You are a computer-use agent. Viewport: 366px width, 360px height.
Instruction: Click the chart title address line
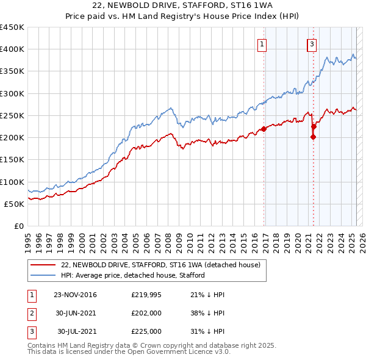pos(182,5)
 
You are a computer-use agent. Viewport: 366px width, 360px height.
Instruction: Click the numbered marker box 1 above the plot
pos(262,44)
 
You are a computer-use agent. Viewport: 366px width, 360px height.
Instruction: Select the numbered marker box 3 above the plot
pos(312,44)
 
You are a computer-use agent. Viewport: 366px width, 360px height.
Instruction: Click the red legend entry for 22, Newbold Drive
pos(160,265)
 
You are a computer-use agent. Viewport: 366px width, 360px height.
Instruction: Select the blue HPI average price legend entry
pos(132,275)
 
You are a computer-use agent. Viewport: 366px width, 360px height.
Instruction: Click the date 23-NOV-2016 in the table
pos(75,295)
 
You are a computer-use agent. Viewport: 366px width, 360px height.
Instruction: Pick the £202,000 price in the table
pos(146,313)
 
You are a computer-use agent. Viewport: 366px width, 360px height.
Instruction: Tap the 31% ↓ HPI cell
pos(207,331)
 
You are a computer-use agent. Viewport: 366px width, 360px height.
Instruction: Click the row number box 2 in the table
pos(31,313)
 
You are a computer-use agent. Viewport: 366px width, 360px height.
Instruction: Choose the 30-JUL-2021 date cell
pos(77,331)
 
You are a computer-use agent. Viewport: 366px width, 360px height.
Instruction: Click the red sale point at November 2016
pos(264,129)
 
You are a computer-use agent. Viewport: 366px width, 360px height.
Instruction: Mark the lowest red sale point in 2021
pos(313,137)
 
